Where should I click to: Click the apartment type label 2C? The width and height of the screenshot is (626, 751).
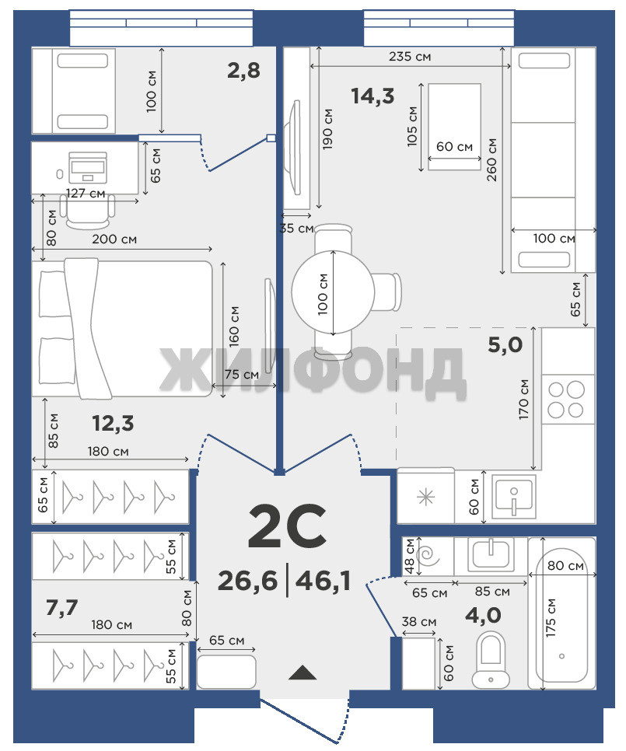point(287,526)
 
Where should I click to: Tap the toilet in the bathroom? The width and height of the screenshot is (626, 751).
point(491,659)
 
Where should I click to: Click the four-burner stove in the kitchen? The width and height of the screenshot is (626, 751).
point(565,400)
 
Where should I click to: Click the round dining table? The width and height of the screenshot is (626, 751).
point(333,292)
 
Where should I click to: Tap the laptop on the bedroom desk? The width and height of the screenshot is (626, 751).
point(87,167)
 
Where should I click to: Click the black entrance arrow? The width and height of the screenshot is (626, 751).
point(303,673)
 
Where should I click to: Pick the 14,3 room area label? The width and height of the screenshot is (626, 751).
point(372,96)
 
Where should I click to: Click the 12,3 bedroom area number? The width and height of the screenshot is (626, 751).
point(113,424)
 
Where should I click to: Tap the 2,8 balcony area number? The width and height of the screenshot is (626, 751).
point(243,71)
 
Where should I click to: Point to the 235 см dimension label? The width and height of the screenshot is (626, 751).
point(410,57)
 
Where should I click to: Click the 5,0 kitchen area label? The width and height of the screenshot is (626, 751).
point(505,344)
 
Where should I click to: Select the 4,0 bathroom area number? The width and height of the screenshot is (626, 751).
point(483,614)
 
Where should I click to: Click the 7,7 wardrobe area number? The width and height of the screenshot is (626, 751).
point(61,607)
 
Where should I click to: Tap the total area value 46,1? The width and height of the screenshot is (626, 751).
point(323,581)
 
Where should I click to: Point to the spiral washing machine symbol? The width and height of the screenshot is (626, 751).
point(428,556)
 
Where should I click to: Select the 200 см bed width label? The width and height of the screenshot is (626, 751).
point(114,239)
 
